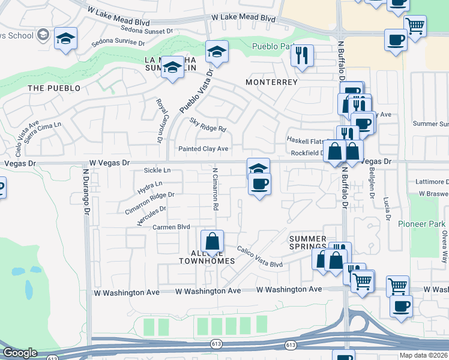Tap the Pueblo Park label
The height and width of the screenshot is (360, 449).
point(270,46)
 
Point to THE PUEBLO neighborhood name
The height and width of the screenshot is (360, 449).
point(54,88)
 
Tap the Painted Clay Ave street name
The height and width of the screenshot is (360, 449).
point(203,149)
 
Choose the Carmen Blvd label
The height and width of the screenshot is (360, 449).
point(171,227)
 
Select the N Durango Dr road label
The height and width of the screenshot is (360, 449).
point(86,193)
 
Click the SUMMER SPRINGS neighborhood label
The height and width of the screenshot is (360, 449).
point(308,242)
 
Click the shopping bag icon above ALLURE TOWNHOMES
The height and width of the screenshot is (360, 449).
point(212,242)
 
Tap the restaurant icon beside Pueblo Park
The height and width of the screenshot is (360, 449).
point(303,56)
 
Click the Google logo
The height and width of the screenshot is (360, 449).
point(20,353)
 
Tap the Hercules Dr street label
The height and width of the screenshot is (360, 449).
point(151,215)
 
